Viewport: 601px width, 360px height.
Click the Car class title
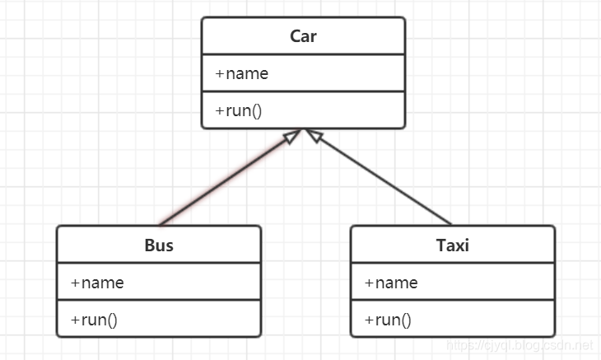click(x=303, y=36)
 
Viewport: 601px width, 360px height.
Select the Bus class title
click(x=159, y=245)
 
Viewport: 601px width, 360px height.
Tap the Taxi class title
click(x=453, y=245)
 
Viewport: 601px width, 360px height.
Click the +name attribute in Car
click(x=241, y=73)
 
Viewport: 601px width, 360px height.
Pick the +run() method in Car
click(x=239, y=110)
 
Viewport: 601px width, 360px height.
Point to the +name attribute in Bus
click(x=97, y=283)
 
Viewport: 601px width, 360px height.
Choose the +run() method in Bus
click(x=94, y=320)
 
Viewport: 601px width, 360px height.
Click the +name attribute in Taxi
click(x=391, y=283)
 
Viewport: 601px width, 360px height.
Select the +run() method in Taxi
click(x=388, y=320)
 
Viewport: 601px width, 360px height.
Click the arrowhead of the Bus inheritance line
click(x=292, y=136)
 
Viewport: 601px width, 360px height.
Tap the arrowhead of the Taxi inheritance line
click(x=314, y=135)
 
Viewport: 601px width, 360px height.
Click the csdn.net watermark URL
click(x=519, y=345)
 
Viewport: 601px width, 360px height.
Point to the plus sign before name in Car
click(x=219, y=73)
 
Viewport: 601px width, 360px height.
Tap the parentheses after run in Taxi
click(x=406, y=320)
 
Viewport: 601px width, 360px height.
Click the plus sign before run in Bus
click(x=75, y=320)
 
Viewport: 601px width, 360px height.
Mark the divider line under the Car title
click(x=303, y=54)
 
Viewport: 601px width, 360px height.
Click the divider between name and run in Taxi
click(x=453, y=300)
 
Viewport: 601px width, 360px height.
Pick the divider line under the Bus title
click(x=159, y=263)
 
